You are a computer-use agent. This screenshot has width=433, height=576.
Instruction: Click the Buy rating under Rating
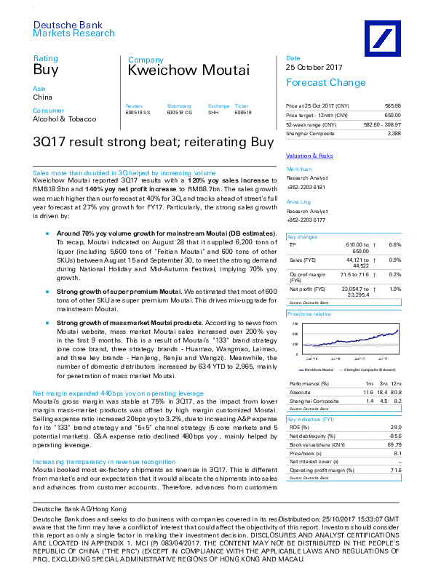(x=45, y=70)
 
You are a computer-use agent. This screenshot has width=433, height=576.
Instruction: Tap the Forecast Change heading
(x=325, y=82)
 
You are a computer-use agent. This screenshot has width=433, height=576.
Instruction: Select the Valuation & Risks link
(x=309, y=156)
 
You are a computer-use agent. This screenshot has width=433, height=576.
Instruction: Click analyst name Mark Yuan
(x=298, y=169)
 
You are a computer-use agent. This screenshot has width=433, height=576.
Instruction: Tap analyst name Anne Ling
(x=298, y=201)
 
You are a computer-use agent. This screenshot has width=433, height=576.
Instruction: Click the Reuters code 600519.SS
(x=138, y=113)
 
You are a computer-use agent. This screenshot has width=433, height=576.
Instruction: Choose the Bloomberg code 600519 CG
(x=180, y=113)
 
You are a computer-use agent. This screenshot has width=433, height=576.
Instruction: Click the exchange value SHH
(x=213, y=113)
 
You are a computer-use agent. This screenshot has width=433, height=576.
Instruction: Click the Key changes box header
(x=302, y=237)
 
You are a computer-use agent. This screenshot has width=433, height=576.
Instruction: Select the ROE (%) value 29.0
(x=395, y=428)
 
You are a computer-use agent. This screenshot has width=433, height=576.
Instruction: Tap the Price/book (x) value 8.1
(x=397, y=452)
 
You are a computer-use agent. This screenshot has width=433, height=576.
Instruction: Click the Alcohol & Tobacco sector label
(x=63, y=119)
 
